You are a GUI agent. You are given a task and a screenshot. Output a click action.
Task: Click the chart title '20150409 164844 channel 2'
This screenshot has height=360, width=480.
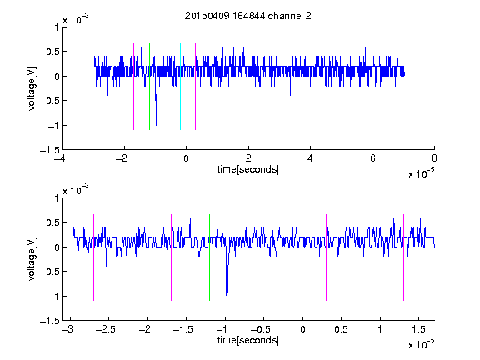[x=248, y=16]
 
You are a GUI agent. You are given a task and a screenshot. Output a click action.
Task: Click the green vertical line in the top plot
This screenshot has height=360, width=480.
[x=149, y=87]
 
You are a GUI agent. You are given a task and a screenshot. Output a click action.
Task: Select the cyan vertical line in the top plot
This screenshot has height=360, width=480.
[x=180, y=87]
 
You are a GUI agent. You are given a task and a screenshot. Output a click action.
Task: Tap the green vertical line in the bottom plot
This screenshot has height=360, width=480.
[x=209, y=257]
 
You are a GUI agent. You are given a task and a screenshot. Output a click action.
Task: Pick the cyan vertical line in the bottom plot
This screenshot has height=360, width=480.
[x=287, y=257]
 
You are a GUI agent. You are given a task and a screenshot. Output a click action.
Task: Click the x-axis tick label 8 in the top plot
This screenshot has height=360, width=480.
[x=434, y=158]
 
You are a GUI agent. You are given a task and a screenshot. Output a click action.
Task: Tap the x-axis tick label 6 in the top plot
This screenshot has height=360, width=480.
[x=372, y=158]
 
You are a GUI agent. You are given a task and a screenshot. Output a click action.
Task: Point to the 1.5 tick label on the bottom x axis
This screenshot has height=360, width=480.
[x=418, y=329]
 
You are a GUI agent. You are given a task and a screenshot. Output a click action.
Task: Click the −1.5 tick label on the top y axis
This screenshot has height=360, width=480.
[x=49, y=150]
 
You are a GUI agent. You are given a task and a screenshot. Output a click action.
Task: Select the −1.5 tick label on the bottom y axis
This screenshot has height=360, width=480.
[x=49, y=321]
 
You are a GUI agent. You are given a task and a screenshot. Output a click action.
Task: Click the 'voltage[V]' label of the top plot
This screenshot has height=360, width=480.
[x=32, y=88]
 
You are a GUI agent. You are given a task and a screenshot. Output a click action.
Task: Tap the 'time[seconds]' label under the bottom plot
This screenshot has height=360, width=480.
[x=248, y=340]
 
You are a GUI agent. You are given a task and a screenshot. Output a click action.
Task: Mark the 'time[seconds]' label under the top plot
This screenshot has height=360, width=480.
[x=248, y=169]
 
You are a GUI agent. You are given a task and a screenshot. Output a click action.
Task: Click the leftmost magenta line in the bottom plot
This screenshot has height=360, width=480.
[x=93, y=257]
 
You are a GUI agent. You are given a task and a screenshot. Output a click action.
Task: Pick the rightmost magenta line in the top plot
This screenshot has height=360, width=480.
[x=227, y=87]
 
